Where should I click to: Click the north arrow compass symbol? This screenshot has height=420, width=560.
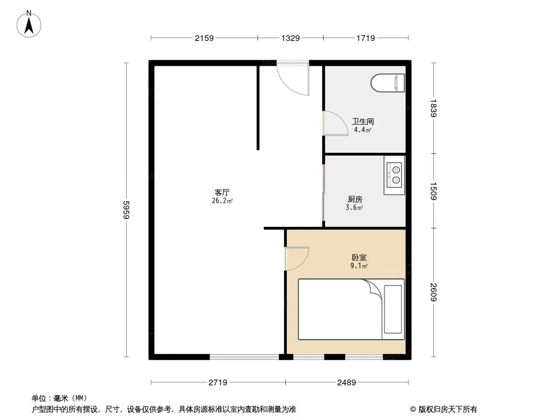tap(29, 24)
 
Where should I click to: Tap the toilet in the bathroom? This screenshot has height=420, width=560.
tap(388, 83)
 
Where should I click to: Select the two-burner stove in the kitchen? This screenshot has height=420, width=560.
tap(395, 175)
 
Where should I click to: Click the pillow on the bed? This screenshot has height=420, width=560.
tap(393, 309)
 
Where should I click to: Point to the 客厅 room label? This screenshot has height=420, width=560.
tap(222, 193)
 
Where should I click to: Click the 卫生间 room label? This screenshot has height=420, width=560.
tap(363, 121)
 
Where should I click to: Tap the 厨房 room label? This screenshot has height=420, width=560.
tap(355, 199)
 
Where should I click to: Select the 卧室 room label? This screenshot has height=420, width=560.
tap(359, 257)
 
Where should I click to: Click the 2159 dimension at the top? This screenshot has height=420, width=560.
tap(204, 38)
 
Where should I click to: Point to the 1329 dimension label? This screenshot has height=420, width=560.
tap(291, 38)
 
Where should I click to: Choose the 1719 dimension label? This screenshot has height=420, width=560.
tap(365, 38)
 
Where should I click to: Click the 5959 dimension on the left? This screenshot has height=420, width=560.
tap(126, 209)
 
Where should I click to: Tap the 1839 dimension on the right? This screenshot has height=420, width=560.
tap(433, 108)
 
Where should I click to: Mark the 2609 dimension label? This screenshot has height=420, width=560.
tap(433, 292)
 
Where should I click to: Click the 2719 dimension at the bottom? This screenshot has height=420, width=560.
tap(218, 383)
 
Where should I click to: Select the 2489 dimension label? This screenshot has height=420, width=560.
tap(346, 383)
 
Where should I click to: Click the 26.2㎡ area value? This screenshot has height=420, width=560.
tap(222, 201)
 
